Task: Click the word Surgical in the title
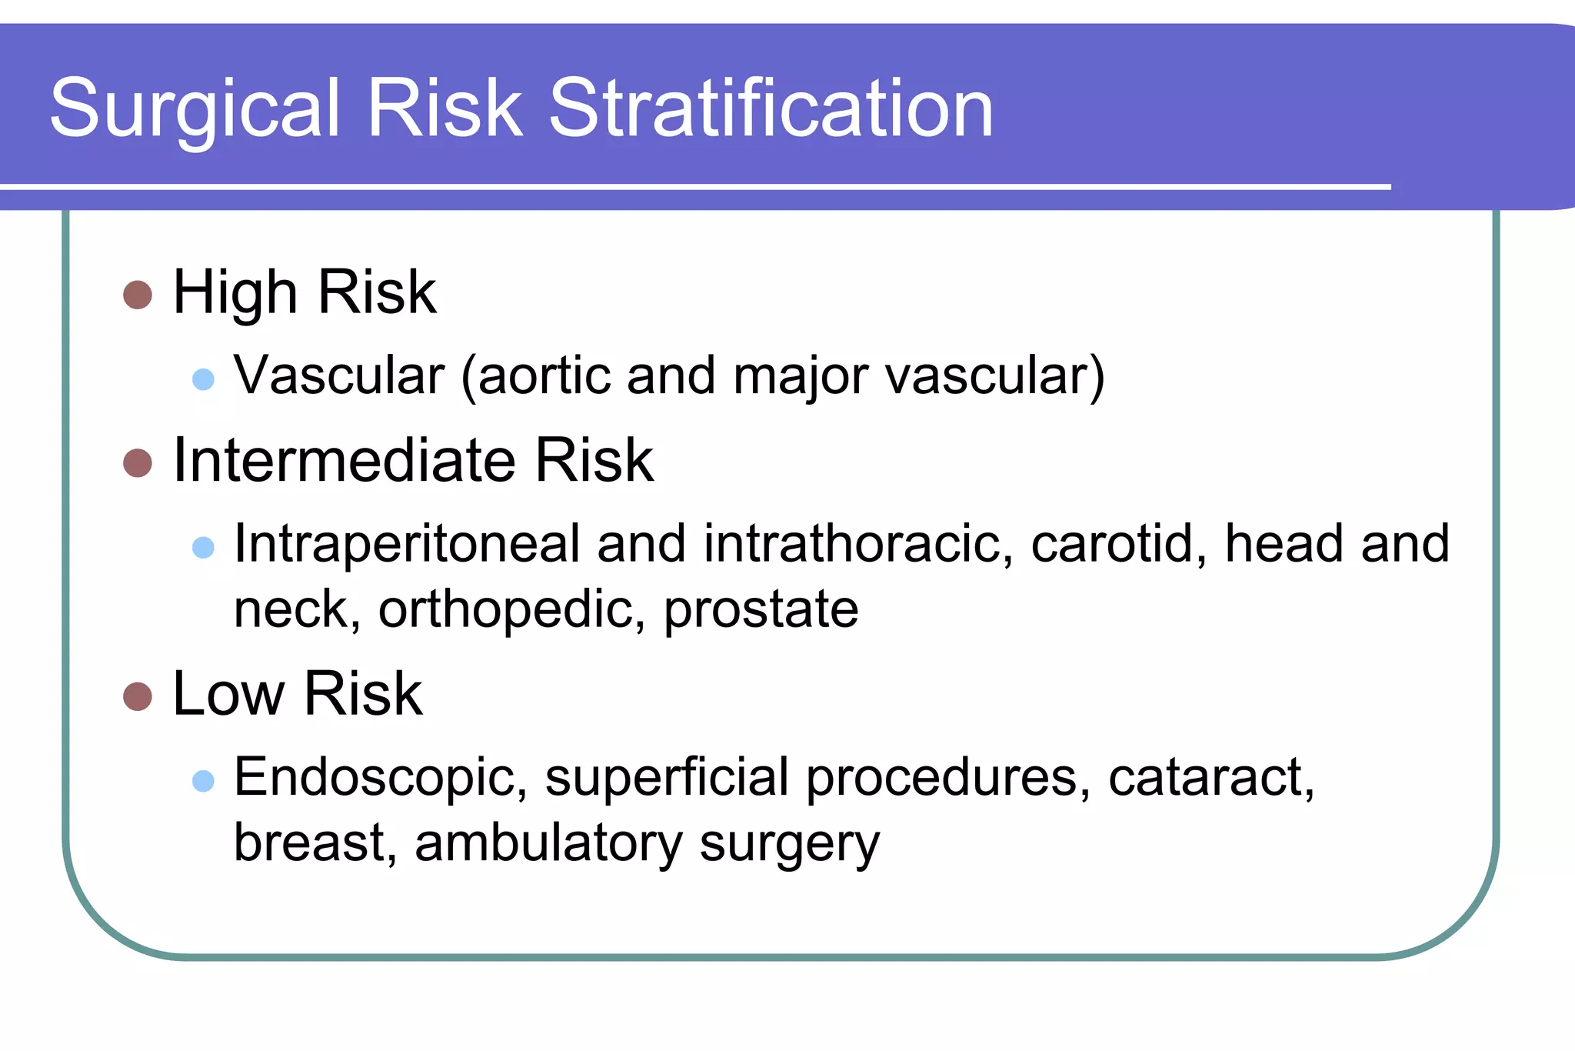195,109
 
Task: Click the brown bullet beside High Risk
138,295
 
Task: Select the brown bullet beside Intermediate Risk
138,462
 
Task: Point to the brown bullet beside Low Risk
138,696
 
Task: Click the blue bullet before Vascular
203,379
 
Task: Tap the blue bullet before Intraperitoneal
203,547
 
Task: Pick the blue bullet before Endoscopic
203,781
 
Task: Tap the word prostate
761,610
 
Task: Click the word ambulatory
548,843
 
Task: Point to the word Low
228,694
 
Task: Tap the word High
235,293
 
